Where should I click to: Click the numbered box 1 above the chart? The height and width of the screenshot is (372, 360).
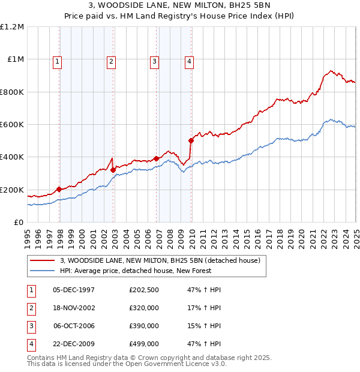tap(57, 61)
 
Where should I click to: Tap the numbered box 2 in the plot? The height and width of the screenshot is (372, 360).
tap(112, 61)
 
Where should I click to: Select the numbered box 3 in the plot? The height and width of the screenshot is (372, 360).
tap(154, 61)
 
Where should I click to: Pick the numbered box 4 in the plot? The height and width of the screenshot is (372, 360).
tap(189, 61)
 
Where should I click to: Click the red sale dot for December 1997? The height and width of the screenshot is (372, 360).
tap(59, 190)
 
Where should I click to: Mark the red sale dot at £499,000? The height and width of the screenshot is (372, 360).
tap(191, 141)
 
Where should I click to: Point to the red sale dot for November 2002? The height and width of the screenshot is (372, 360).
tap(113, 170)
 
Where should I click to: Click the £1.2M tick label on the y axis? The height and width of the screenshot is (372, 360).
tap(12, 27)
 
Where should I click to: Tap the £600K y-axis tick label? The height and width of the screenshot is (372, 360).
tap(12, 125)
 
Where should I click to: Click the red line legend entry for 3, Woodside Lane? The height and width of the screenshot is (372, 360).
tap(160, 261)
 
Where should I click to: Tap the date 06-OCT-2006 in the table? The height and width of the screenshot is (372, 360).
tap(74, 326)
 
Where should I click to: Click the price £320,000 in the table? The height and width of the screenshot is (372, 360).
tap(144, 308)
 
